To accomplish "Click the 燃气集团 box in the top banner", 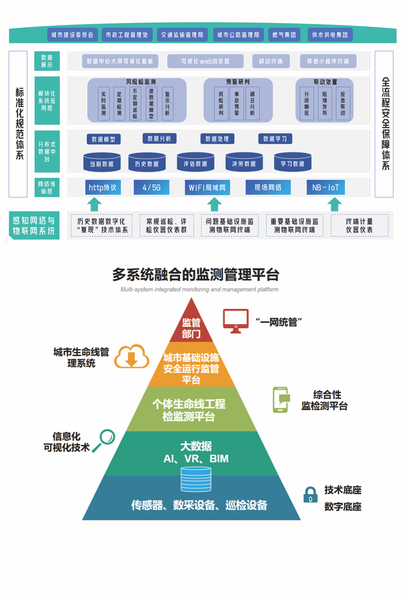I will coord(284,35).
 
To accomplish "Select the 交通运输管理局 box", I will coord(182,35).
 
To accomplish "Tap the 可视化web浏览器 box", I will coord(205,61).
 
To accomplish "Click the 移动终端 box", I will coord(271,61).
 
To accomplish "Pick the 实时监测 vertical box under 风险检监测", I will coord(103,103).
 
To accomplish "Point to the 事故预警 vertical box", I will coord(236,103).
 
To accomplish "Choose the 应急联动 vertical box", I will coord(342,103).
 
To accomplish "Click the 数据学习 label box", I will coord(275,139).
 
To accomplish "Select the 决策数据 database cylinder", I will coord(244,162).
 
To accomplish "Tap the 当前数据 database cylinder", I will coord(102,162).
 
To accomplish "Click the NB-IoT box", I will coord(326,187).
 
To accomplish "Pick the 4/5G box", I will coord(151,187).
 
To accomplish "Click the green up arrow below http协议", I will coord(94,205).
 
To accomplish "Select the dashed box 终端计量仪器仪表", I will coord(359,225).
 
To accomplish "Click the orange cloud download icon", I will coord(132,357).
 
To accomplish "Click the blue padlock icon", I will coord(311,495).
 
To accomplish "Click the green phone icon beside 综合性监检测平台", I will coord(281,400).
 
